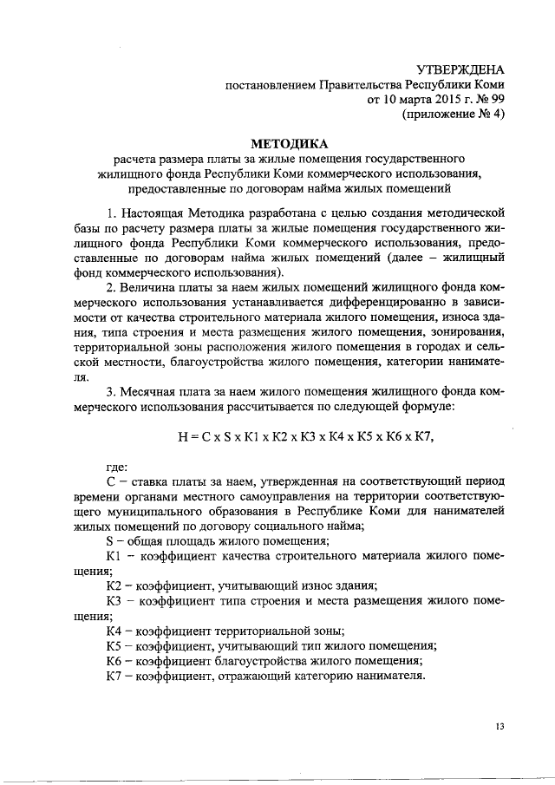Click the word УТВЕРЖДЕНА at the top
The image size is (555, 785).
(460, 69)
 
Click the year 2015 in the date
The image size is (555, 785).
(421, 100)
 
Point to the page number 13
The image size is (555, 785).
(499, 725)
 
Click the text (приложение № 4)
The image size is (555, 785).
(453, 114)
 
